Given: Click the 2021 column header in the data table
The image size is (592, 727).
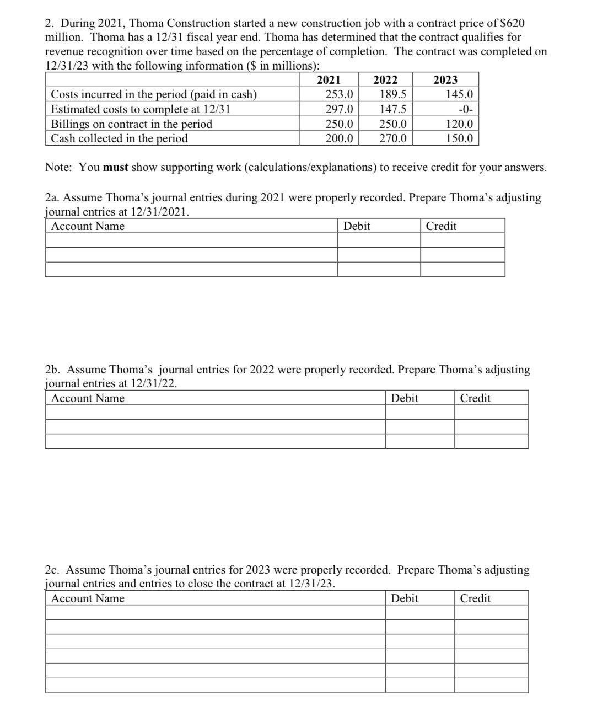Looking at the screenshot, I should [x=329, y=80].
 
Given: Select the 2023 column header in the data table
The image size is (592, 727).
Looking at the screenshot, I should [x=445, y=80].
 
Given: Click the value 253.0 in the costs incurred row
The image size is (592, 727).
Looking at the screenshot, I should [x=339, y=94].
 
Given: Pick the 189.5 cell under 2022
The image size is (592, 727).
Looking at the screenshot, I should [x=393, y=94].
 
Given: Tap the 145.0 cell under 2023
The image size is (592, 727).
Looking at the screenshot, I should [x=459, y=94].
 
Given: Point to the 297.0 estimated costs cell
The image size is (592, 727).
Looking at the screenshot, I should [x=339, y=109].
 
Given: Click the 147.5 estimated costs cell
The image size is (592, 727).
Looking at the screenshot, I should [x=393, y=109].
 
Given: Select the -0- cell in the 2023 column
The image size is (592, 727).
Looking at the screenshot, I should [x=465, y=109].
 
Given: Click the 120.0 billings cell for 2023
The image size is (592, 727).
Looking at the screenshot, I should [x=459, y=124].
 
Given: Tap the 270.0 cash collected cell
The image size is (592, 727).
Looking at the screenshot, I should [x=393, y=138].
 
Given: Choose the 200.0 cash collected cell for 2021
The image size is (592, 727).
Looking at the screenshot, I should [x=339, y=138].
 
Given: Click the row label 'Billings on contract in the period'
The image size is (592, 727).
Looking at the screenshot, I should [x=131, y=124].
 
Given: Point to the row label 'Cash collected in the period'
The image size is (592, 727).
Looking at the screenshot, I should [x=119, y=138].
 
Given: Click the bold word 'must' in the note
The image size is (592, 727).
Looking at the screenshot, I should [x=115, y=167].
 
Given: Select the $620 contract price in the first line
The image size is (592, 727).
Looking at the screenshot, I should [x=512, y=23].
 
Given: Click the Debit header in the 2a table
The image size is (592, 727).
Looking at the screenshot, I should [x=357, y=226].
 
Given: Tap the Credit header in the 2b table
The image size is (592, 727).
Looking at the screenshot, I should [x=475, y=398].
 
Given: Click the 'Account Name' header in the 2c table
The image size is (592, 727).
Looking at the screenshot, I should [x=88, y=598].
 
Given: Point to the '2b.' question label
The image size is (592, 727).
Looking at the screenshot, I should [x=53, y=370].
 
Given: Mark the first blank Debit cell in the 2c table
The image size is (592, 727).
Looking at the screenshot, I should [x=419, y=613].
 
